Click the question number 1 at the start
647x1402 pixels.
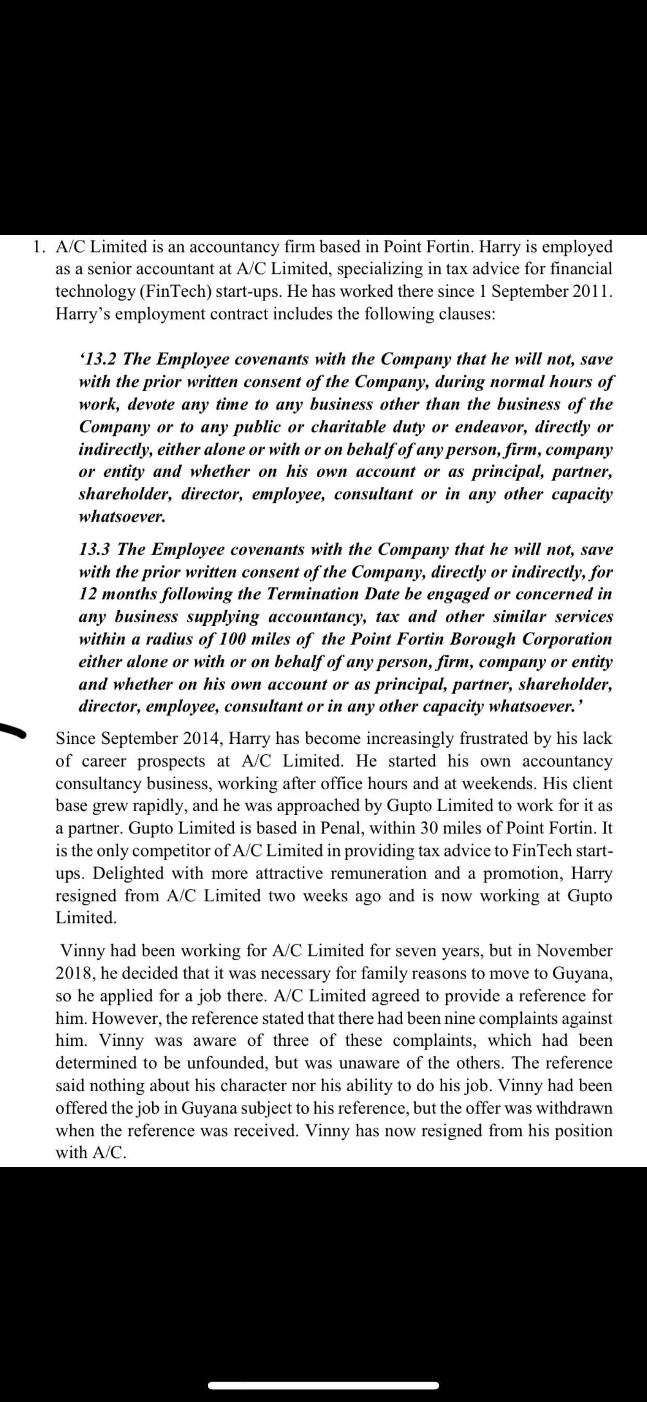click(37, 247)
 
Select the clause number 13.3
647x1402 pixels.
click(95, 549)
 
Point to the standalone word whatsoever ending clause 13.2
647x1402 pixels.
click(122, 516)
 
